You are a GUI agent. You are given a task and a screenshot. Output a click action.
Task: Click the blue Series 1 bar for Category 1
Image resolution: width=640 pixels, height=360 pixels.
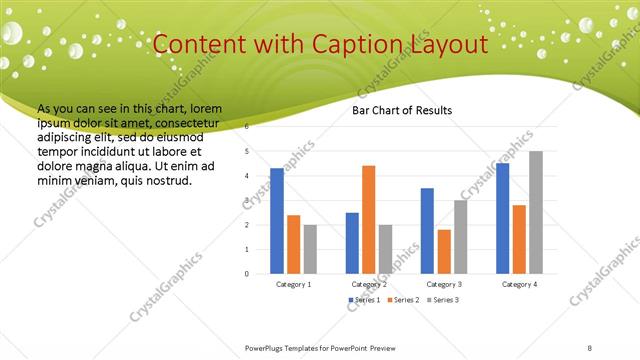coord(277,221)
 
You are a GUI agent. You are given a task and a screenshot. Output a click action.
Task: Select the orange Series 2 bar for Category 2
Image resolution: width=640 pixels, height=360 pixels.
coord(368,219)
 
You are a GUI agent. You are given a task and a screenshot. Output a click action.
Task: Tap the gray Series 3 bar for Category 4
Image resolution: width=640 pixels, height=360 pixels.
coord(536,212)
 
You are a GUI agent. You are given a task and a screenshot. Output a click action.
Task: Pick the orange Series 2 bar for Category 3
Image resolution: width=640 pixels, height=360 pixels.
coord(444,251)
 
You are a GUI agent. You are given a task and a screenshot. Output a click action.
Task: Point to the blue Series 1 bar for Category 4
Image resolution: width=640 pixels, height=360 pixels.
coord(502,218)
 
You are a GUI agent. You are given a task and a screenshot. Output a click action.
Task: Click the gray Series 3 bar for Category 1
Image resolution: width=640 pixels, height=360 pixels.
coord(310,249)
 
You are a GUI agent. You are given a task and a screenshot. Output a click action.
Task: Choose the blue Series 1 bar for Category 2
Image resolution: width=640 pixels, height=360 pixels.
coord(352,243)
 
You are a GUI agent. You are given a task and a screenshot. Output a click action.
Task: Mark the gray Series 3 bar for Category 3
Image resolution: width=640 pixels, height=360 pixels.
coord(460,237)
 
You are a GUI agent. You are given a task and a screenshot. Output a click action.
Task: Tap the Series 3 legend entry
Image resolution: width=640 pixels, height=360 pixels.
coord(443,300)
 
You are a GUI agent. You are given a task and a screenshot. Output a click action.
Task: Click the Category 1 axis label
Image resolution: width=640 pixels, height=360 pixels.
coord(294,285)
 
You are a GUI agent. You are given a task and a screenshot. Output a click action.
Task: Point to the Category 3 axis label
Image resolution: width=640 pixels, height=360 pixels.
coord(444,285)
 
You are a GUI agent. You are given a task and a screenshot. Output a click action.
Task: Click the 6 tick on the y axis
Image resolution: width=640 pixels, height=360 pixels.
coord(247,128)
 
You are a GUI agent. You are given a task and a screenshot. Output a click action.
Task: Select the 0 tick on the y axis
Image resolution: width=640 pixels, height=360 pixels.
coord(247,273)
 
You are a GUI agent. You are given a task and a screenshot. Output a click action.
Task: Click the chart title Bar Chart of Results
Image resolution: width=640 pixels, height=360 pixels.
coord(402,110)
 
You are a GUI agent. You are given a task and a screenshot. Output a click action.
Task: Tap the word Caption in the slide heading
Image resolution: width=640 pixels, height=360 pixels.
coord(357,45)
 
